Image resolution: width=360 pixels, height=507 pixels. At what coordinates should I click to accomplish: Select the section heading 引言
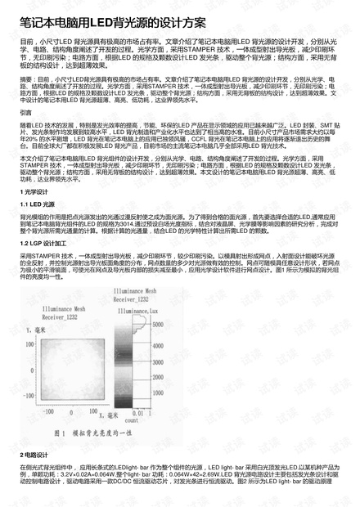(26, 112)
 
